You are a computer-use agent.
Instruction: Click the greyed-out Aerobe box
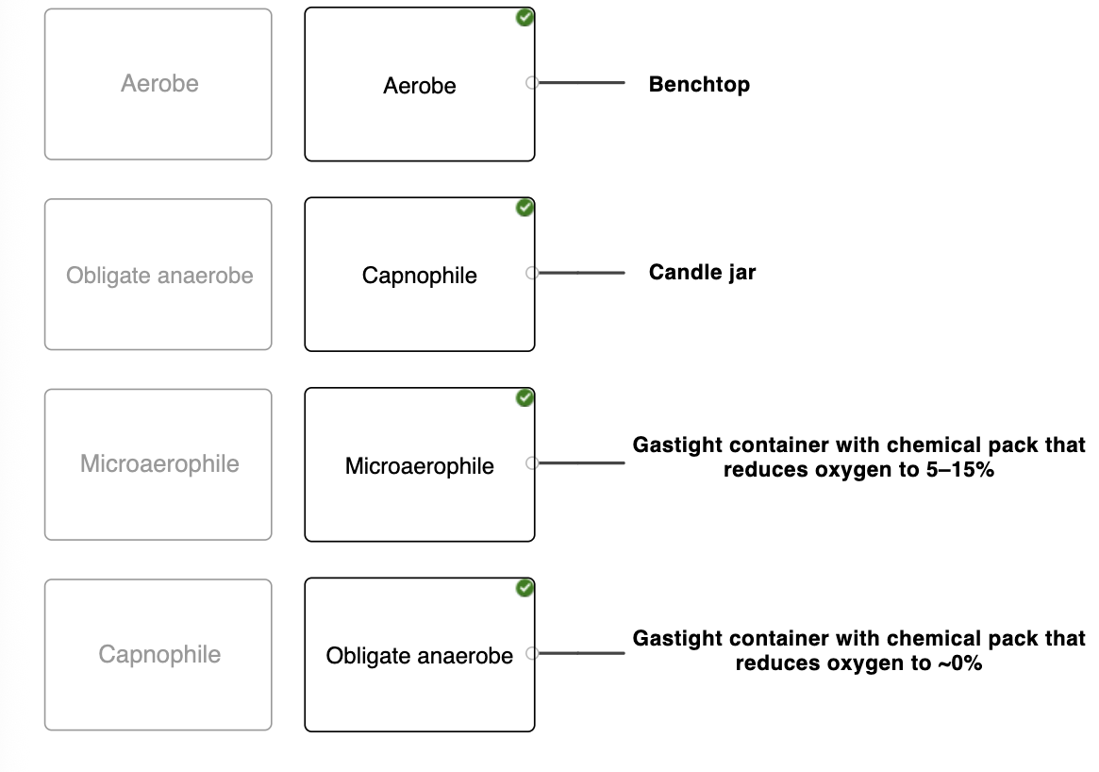[x=158, y=84]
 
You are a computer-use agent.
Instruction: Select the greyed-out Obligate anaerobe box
[x=158, y=274]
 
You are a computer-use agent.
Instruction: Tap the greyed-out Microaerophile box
[x=158, y=464]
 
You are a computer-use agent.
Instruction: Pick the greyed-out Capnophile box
[x=158, y=654]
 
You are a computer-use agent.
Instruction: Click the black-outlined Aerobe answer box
[x=420, y=84]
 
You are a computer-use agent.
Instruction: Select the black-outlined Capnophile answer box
[x=420, y=274]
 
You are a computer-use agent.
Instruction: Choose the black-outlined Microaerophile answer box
[x=420, y=464]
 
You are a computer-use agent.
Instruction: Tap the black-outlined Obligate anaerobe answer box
[x=420, y=654]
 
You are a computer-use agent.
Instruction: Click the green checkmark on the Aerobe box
[x=525, y=18]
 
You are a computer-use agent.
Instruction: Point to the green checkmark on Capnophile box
[x=525, y=208]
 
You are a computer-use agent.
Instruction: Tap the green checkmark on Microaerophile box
[x=525, y=397]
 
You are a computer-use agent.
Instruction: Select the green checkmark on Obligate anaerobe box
[x=525, y=588]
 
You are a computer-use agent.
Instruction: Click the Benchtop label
[x=699, y=84]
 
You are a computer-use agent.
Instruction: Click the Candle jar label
[x=702, y=272]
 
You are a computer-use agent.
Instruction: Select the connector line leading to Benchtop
[x=581, y=83]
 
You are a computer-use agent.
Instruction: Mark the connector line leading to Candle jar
[x=581, y=273]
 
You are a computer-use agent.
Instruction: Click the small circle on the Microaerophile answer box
[x=532, y=462]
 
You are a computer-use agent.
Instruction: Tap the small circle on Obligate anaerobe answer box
[x=532, y=653]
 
